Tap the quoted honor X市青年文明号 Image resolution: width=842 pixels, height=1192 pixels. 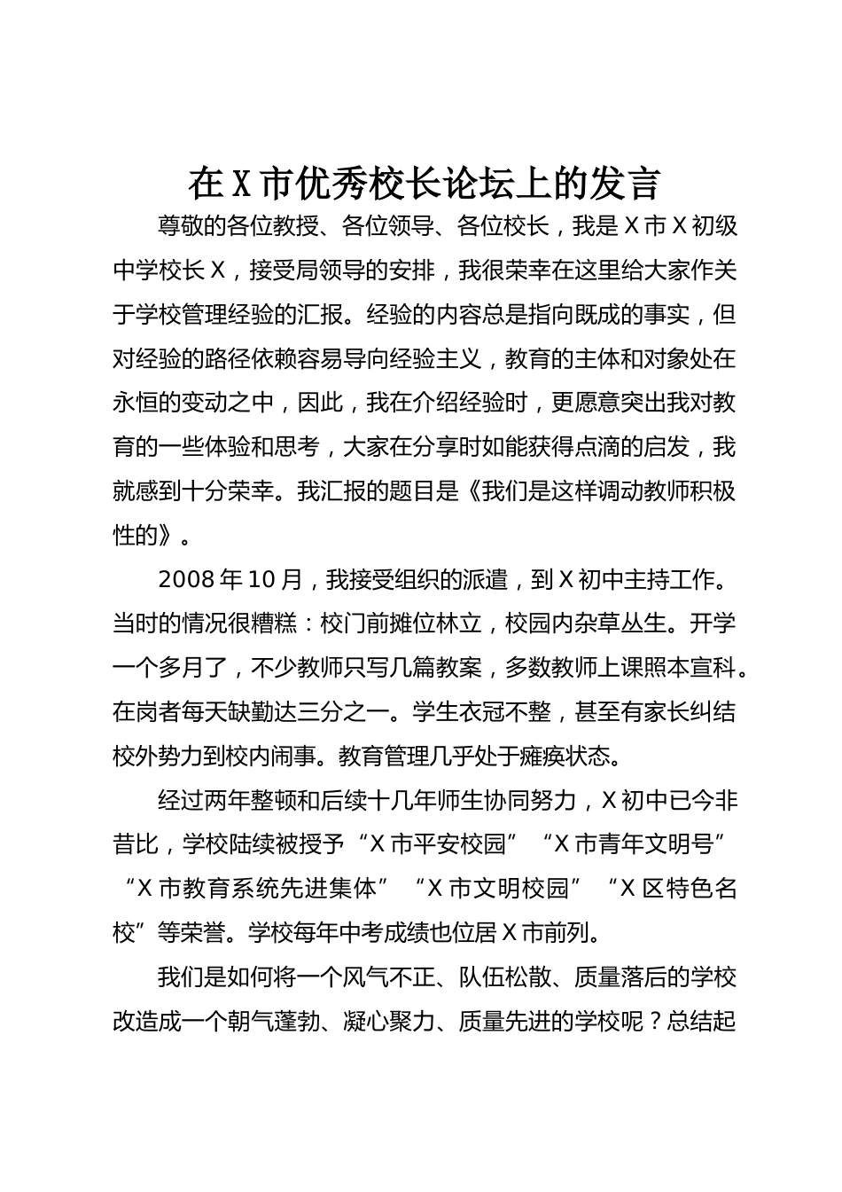pos(631,845)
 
